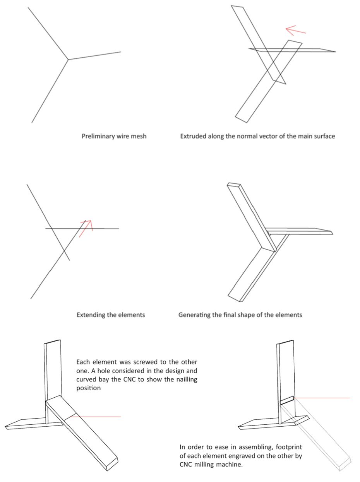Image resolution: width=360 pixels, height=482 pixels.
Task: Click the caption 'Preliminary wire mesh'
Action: pyautogui.click(x=114, y=136)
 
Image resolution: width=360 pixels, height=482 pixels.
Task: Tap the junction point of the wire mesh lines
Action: pyautogui.click(x=69, y=60)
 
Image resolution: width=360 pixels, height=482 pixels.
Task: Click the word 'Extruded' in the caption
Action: pyautogui.click(x=193, y=136)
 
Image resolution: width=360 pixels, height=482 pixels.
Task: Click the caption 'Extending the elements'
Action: pyautogui.click(x=111, y=314)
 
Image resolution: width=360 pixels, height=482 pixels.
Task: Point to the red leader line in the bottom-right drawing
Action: pyautogui.click(x=325, y=398)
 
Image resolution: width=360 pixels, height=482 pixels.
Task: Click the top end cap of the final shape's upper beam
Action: pyautogui.click(x=235, y=185)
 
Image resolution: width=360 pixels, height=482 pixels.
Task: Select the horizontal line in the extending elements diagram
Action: pyautogui.click(x=101, y=229)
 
